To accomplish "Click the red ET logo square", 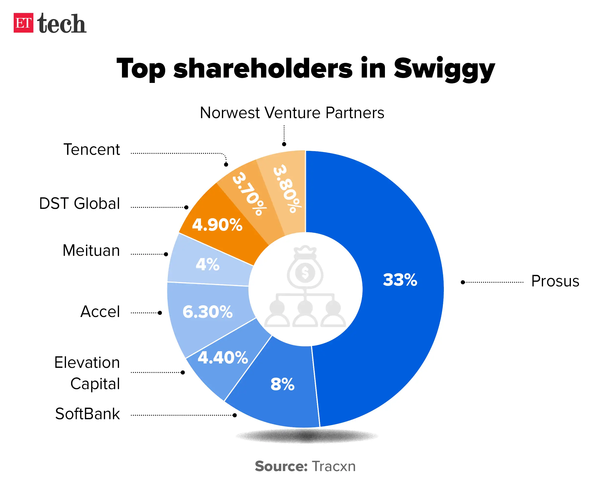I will coord(23,23).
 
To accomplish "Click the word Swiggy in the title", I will coord(444,69).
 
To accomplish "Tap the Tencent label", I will coord(92,149).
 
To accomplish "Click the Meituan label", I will coord(91,250).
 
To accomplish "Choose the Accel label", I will coord(100,311).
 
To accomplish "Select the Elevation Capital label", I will coord(87,373).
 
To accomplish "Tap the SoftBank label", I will coord(87,414).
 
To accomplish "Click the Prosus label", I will coord(555,281).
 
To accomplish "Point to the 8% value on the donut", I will coord(283,384).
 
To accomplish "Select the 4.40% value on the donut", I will coord(223,357).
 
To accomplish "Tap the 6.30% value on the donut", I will coord(207,312).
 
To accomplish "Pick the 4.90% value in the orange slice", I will coord(217,225).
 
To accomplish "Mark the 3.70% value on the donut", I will coord(249,194).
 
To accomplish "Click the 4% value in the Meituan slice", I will coord(207,264).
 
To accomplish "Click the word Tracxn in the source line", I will coord(334,466).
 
